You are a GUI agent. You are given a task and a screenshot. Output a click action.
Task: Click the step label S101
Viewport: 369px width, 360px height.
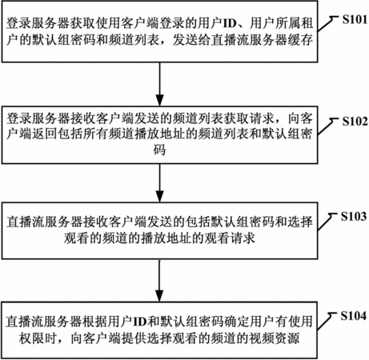coord(355,19)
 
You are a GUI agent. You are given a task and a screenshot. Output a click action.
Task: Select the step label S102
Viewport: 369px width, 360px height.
coord(355,122)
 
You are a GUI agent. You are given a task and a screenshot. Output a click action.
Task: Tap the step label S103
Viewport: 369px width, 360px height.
coord(354,216)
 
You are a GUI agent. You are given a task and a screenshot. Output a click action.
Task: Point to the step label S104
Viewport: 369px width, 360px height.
coord(354,316)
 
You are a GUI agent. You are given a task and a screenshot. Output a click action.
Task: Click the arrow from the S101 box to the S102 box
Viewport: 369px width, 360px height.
coord(159,84)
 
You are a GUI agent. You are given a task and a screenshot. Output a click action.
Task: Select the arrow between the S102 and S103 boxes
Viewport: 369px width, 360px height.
coord(159,183)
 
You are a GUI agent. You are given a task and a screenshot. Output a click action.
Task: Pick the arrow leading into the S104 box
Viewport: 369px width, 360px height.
coord(159,281)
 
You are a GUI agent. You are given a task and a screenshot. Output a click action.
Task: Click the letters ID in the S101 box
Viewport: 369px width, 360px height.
coord(230,24)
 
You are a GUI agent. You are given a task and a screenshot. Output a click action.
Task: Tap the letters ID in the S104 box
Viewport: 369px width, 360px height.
coord(140,322)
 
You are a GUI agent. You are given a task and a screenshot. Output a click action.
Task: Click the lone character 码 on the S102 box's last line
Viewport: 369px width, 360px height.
coord(159,150)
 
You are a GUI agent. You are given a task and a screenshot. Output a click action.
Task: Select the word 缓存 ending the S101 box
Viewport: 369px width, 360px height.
coord(300,40)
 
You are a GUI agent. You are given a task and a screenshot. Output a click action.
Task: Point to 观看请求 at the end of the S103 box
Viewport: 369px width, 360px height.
coord(230,238)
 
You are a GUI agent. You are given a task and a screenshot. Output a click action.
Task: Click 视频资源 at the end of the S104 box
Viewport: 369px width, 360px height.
coord(274,338)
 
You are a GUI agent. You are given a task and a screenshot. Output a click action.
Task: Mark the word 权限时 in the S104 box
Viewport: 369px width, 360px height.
coord(38,338)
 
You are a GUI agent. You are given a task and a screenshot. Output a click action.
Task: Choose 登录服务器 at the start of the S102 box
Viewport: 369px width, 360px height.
coord(38,118)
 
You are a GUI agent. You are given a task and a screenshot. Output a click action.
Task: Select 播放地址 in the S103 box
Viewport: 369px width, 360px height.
coord(166,238)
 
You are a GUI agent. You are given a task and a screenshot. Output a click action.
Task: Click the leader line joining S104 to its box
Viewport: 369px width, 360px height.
coord(327,322)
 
